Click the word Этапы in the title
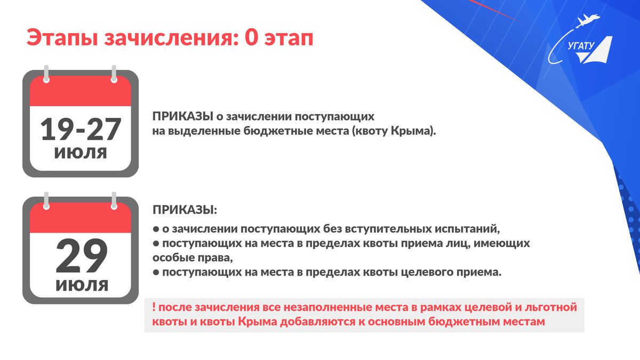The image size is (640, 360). pos(62,38)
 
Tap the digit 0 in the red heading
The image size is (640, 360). pos(251,37)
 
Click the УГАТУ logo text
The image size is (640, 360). pos(581,46)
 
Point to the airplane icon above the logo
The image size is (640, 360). pos(588,21)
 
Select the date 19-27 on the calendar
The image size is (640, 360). pos(81,129)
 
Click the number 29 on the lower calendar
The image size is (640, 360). pos(82,255)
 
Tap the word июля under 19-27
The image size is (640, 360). pos(81,153)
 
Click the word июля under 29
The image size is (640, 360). pos(82,285)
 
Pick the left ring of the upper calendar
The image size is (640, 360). pos(46,74)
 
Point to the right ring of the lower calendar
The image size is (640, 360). pos(114,201)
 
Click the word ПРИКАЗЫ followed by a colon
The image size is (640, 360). pos(185,210)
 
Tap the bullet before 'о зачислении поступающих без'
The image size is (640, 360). pos(156,229)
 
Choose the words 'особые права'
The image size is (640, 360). pos(193,258)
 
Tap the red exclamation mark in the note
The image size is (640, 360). pos(154,307)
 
